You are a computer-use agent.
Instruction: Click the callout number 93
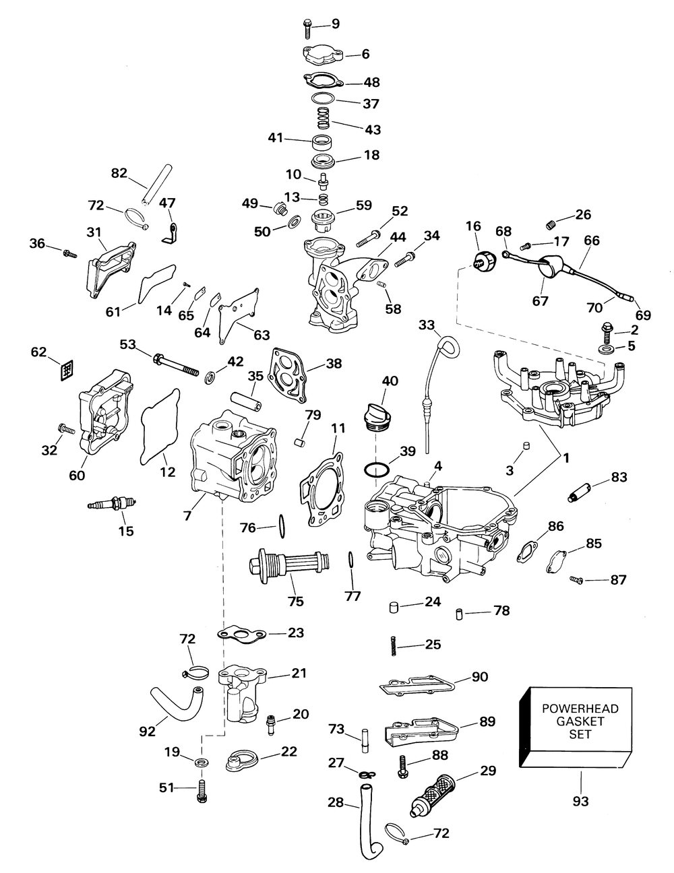point(580,801)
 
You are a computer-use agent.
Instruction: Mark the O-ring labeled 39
point(376,469)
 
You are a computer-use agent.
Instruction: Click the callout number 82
point(119,172)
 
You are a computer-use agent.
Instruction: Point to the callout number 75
point(295,602)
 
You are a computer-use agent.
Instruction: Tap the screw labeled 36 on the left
point(68,253)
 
